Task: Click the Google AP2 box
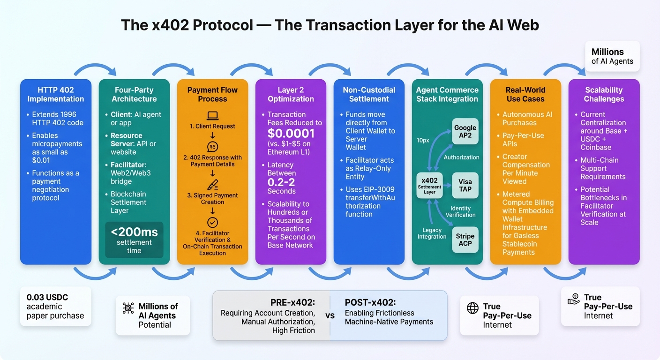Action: [x=465, y=132]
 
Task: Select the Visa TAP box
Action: [x=465, y=185]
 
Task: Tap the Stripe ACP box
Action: [x=465, y=240]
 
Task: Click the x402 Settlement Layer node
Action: [x=429, y=185]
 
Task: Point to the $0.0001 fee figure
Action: [x=291, y=134]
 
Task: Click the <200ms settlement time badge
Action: [x=134, y=240]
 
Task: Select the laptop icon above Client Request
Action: [x=212, y=115]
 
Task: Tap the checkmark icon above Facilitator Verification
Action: [x=212, y=222]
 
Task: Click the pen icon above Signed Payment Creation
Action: [x=212, y=185]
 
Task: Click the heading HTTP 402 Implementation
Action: [x=55, y=94]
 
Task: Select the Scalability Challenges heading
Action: [x=604, y=94]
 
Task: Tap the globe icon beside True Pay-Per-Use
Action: [x=472, y=307]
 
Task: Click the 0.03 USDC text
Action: [x=47, y=297]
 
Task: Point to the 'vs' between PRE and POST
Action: [x=330, y=315]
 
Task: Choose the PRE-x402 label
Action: [x=292, y=302]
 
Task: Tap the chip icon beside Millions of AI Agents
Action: [x=127, y=308]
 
